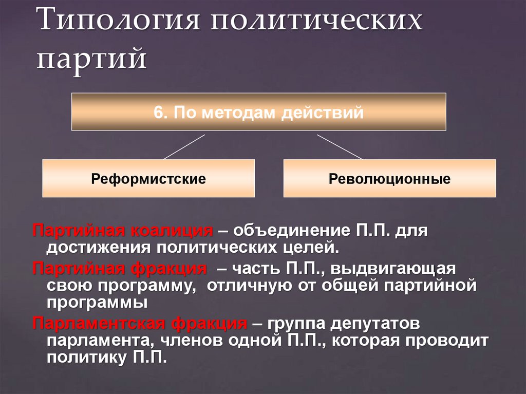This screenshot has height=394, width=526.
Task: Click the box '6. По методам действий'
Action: [258, 111]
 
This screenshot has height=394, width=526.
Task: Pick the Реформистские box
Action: [148, 179]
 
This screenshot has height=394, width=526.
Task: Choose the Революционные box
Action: [389, 179]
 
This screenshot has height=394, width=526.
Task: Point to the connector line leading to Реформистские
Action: [184, 146]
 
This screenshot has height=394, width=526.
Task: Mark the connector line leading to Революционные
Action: [340, 146]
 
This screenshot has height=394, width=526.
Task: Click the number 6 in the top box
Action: [157, 112]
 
